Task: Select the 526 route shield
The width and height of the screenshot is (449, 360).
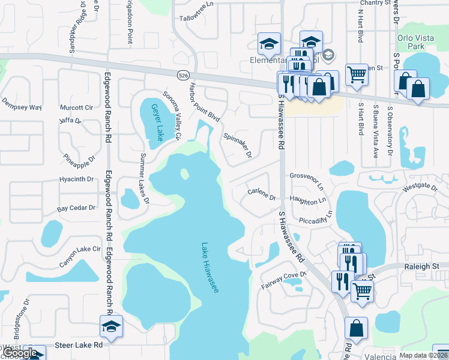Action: coord(183,74)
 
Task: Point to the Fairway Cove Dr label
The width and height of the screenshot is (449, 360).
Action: coord(284,281)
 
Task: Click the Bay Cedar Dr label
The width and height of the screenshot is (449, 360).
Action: coord(76,208)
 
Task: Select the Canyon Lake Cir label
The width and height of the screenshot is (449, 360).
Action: coord(80,256)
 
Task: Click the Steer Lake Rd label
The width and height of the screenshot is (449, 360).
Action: coord(79,345)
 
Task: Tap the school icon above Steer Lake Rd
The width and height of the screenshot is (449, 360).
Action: coord(112,326)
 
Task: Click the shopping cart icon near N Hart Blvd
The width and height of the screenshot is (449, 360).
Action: coord(357,75)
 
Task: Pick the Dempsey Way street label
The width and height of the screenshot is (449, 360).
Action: coord(22,107)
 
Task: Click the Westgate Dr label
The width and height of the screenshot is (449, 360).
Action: coord(420,187)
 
